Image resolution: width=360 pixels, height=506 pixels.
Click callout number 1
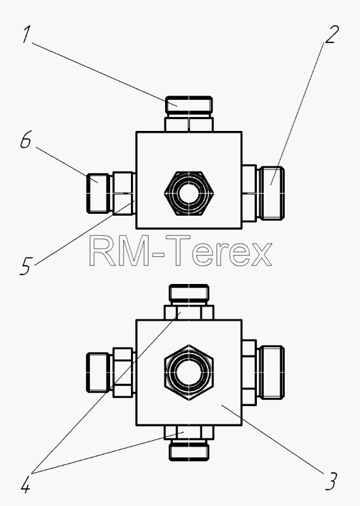[27, 35]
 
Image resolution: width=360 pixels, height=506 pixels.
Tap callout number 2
[332, 34]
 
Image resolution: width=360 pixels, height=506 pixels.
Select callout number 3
[331, 481]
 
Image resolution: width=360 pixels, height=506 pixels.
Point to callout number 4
[26, 484]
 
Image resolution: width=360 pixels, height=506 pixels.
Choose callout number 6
[26, 140]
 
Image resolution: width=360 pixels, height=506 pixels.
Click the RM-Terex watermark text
[180, 250]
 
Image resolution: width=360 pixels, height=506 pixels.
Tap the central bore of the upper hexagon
[189, 194]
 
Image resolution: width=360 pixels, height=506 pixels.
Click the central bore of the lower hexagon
[189, 372]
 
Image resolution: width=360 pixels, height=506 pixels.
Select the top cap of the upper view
[189, 104]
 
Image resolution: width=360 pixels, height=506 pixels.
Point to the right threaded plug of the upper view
[271, 193]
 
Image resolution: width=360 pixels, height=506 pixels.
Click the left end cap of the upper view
[99, 194]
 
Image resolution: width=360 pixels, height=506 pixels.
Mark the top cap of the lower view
[189, 293]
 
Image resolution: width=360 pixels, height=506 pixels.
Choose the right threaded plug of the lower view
[271, 372]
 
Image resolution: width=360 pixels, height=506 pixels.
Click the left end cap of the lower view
[99, 372]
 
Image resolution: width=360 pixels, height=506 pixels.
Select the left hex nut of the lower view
[123, 373]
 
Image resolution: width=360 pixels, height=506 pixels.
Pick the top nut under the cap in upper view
[189, 124]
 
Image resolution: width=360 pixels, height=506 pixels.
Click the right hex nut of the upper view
[249, 194]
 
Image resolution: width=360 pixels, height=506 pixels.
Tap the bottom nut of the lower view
[189, 433]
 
